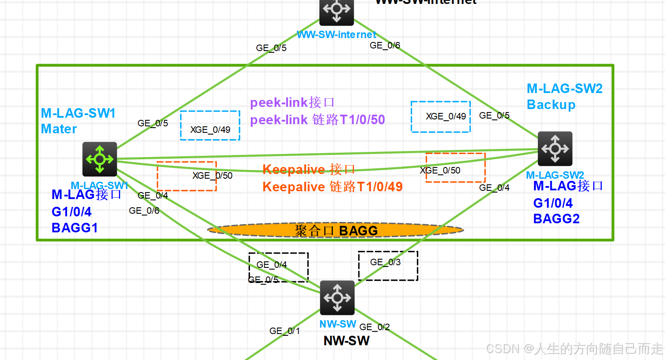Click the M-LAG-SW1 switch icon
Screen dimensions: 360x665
(100, 159)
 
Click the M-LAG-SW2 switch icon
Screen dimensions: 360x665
(555, 148)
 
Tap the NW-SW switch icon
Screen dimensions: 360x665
(337, 298)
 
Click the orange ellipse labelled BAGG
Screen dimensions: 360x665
(336, 230)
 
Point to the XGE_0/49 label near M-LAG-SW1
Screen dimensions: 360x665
(210, 130)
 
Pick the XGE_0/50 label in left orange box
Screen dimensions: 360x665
(212, 176)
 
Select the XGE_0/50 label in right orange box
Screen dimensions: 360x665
(440, 170)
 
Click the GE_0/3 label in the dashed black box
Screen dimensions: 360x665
(385, 262)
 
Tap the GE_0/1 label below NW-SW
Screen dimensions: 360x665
(285, 331)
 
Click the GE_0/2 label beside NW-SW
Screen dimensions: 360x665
(374, 327)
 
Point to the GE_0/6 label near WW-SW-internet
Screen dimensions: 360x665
(385, 45)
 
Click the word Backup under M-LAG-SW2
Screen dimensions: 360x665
(551, 105)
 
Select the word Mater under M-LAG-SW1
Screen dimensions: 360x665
(59, 129)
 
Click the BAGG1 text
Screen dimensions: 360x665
(75, 228)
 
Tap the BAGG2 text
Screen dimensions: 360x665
(556, 219)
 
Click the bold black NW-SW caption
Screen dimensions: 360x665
(346, 341)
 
